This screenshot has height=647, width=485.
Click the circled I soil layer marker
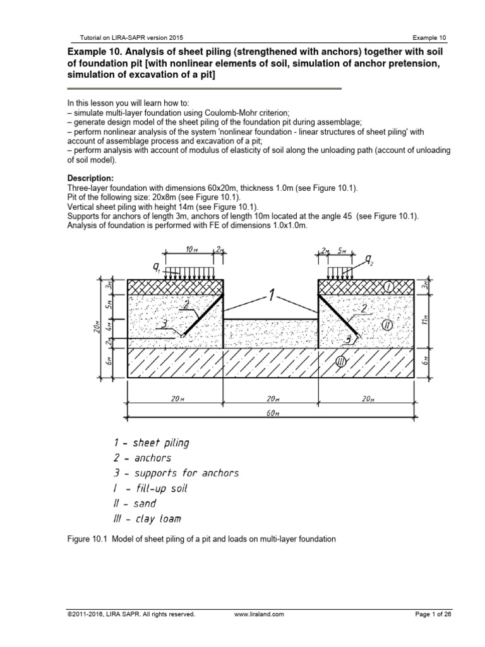click(x=390, y=287)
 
